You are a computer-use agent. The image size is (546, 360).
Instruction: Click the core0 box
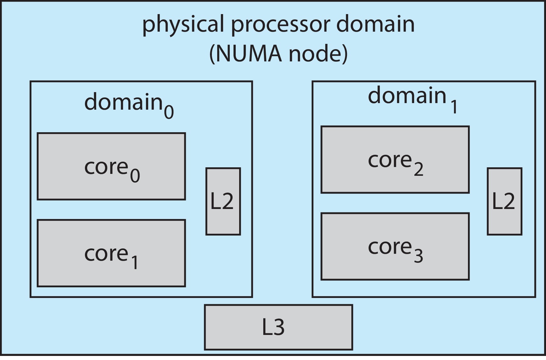(111, 166)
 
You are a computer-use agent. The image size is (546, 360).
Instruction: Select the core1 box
(111, 253)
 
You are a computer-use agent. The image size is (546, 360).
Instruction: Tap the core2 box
(395, 160)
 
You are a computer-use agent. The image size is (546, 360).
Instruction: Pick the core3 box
(395, 247)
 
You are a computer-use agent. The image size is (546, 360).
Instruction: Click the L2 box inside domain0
(223, 201)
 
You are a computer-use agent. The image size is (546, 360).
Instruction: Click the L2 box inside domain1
(504, 201)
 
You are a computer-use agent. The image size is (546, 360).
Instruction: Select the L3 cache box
(278, 327)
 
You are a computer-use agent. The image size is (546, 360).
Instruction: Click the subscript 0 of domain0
(169, 112)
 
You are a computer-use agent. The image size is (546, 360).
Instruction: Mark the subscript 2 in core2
(418, 170)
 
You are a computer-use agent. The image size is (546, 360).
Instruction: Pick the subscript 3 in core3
(418, 256)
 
